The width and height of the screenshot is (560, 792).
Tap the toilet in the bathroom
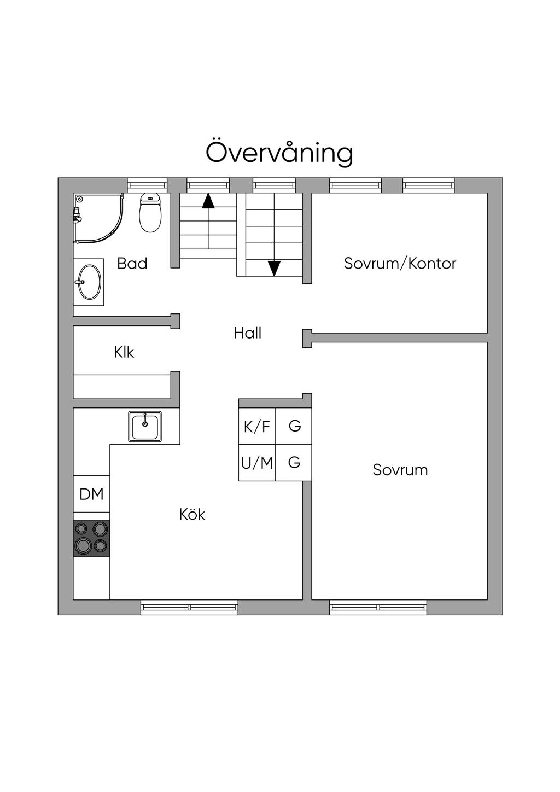150,213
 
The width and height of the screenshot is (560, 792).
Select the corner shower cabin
98,218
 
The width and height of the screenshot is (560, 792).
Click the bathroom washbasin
89,282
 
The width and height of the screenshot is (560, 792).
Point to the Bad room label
132,264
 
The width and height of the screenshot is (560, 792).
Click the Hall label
248,333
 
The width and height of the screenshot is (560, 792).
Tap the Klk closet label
124,352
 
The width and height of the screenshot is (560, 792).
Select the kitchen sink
145,426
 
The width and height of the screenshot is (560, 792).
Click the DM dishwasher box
91,494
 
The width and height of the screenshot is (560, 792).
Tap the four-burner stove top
91,538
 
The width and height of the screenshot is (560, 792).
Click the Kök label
192,515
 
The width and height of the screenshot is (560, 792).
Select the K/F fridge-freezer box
257,427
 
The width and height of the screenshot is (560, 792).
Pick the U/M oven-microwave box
257,463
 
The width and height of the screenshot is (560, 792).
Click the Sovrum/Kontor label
400,264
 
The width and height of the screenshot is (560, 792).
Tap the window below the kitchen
190,608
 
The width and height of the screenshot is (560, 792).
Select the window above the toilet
147,185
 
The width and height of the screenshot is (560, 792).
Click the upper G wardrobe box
294,427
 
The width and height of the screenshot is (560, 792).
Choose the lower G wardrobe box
294,463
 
